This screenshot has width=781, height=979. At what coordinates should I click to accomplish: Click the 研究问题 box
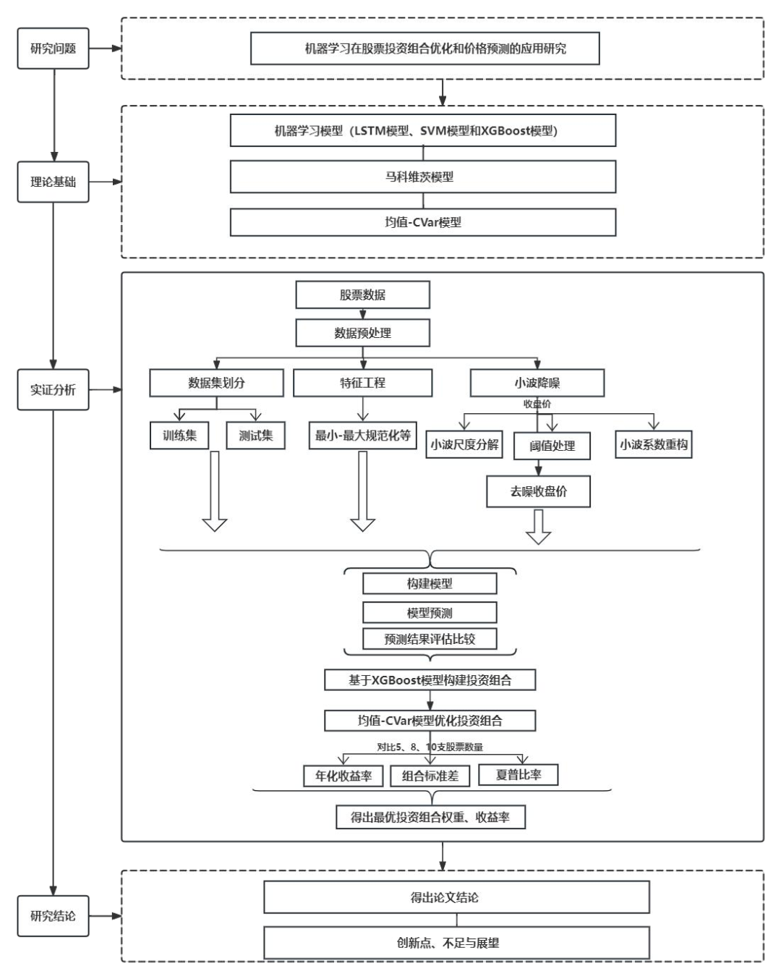click(x=53, y=48)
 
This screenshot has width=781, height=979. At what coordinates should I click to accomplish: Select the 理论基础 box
click(x=53, y=182)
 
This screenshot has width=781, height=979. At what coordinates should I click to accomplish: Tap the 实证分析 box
click(x=53, y=389)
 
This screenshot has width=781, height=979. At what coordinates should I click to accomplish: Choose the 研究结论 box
click(x=53, y=915)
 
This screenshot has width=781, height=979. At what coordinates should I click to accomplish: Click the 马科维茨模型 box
click(x=423, y=177)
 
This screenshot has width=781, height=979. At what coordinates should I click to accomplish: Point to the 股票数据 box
click(x=362, y=294)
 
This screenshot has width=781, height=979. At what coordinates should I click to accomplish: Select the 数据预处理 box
click(x=362, y=333)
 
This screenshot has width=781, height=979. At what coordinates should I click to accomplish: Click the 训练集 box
click(x=179, y=436)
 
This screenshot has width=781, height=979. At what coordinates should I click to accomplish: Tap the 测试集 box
click(x=255, y=436)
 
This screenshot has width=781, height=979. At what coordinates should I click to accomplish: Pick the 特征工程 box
click(x=362, y=383)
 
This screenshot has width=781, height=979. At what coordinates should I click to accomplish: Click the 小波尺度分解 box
click(x=464, y=444)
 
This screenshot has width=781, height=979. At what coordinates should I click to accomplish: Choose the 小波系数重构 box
click(x=654, y=444)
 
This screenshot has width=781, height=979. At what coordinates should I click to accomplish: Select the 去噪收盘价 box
click(x=538, y=491)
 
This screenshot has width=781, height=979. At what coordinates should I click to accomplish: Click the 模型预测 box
click(x=430, y=613)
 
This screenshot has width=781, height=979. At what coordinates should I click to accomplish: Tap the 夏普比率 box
click(x=518, y=774)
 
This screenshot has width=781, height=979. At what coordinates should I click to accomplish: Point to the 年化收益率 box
click(x=343, y=776)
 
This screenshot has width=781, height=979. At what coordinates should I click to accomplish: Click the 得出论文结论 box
click(x=456, y=897)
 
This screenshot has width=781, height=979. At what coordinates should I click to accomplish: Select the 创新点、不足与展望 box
click(x=456, y=943)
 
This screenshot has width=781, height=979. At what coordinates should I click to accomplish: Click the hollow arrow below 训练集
click(x=214, y=492)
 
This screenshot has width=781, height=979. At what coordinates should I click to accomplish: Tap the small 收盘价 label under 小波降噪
click(x=537, y=404)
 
